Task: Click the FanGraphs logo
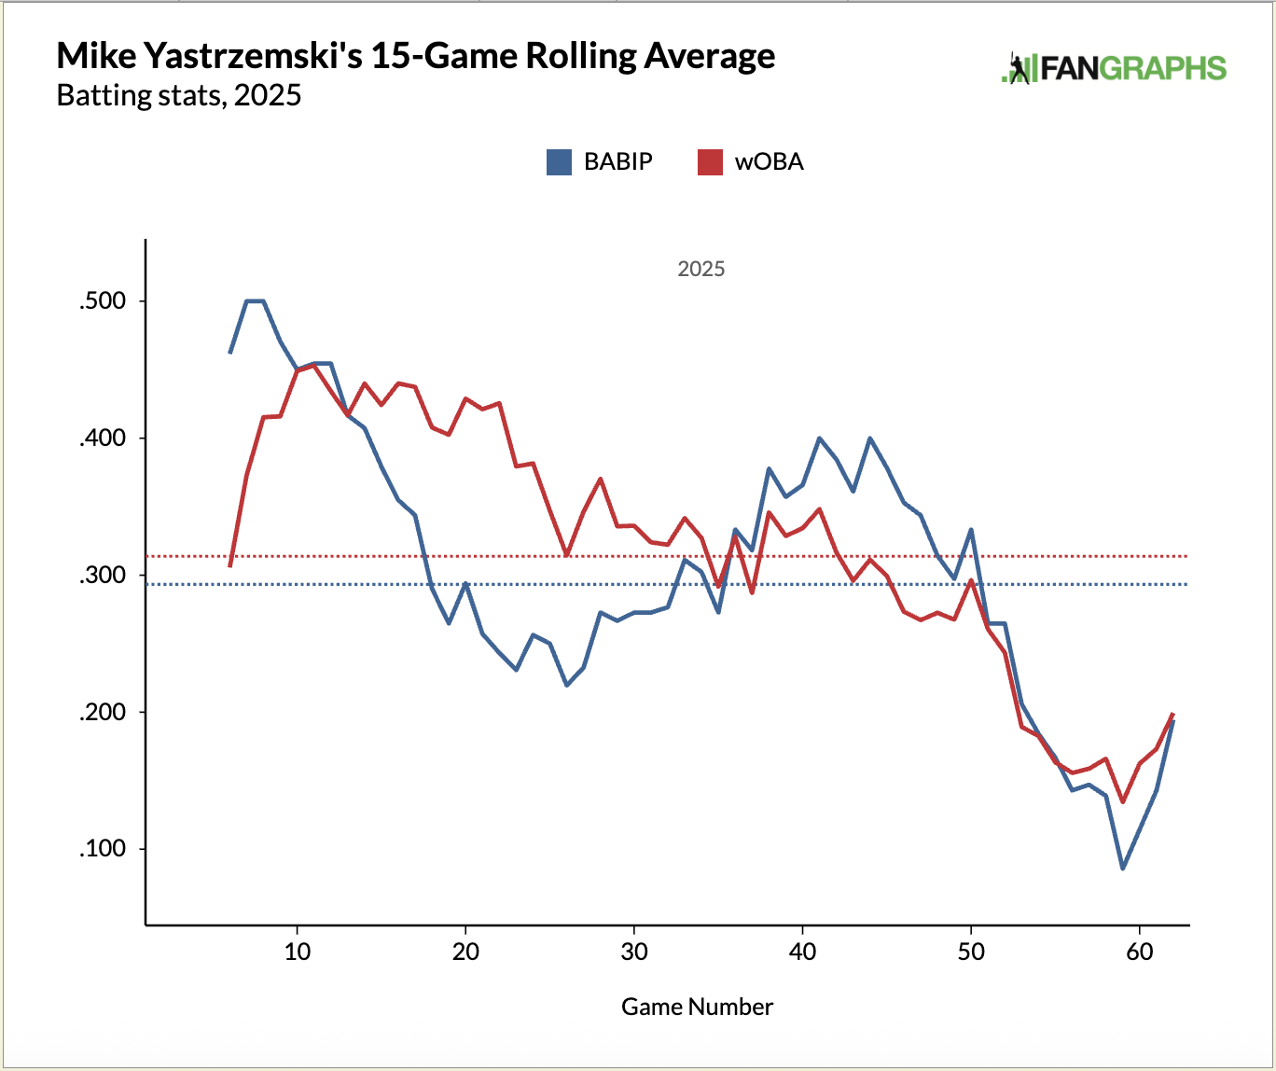click(x=1114, y=69)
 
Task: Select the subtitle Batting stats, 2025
click(x=179, y=95)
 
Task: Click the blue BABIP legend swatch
click(x=559, y=162)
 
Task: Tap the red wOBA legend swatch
click(x=710, y=162)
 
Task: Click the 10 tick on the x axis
click(x=297, y=953)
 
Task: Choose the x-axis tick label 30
click(x=634, y=953)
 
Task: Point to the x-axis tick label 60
click(x=1140, y=953)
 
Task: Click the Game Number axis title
click(x=697, y=1007)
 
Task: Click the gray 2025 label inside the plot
click(x=700, y=269)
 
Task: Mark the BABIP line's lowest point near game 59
click(x=1123, y=869)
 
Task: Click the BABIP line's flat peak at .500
click(x=255, y=300)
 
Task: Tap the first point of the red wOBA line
click(x=229, y=566)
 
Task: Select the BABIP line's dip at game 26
click(x=567, y=685)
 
